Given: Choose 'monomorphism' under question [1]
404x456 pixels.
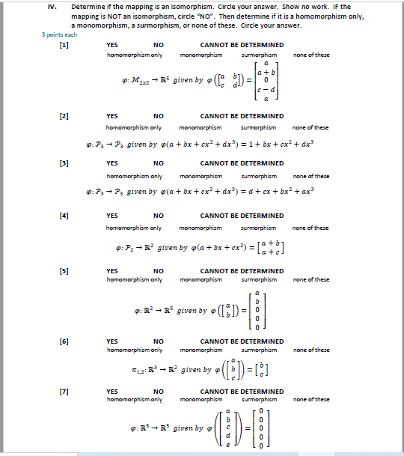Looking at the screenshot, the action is pos(201,55).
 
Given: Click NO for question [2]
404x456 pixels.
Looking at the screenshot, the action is pos(159,116).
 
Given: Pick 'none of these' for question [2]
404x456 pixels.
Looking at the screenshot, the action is pos(311,127).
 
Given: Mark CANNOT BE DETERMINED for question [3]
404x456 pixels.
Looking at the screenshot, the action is pos(242,162).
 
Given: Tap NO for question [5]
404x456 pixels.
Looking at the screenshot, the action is pos(159,271).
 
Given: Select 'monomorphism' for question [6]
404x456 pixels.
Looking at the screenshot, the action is pos(201,350).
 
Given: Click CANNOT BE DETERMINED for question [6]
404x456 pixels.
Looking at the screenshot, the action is pos(242,341).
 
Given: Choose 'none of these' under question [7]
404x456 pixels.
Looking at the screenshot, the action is pos(311,399).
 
